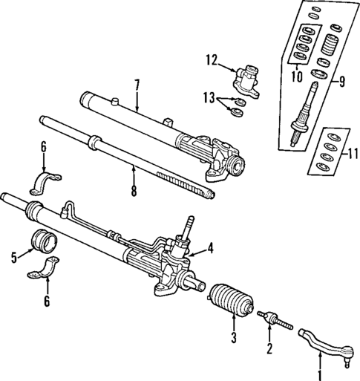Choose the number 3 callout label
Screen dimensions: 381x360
click(x=233, y=340)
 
